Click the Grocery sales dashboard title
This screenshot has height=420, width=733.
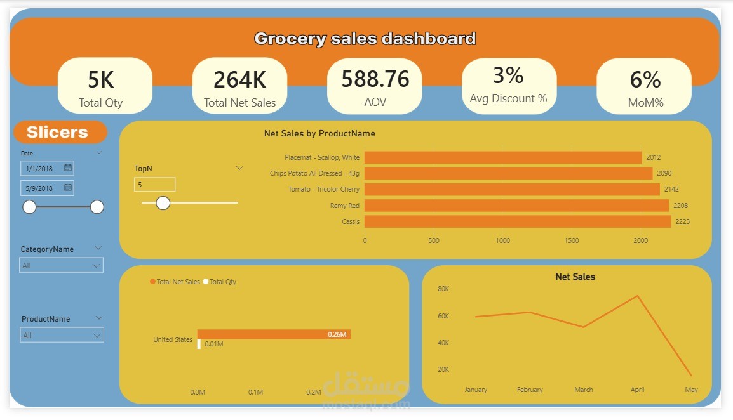point(365,39)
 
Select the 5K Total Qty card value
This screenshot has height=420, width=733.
point(101,80)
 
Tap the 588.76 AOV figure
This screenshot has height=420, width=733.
point(375,79)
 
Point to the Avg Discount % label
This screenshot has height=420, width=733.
point(508,98)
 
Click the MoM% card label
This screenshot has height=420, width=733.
point(645,102)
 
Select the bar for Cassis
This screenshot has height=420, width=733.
point(517,221)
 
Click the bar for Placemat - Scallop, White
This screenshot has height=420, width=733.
point(502,157)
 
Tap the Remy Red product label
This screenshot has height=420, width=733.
point(344,206)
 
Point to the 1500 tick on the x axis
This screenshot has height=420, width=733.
point(572,240)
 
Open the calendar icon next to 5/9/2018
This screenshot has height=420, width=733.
point(68,188)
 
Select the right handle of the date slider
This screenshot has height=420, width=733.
point(97,207)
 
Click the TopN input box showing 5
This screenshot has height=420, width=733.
point(154,185)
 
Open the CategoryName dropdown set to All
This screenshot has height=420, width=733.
point(61,265)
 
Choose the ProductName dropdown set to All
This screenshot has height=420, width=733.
point(61,335)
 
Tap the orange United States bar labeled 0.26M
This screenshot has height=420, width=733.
point(273,334)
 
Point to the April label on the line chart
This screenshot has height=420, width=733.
point(637,390)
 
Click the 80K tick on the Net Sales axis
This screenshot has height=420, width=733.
point(443,289)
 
